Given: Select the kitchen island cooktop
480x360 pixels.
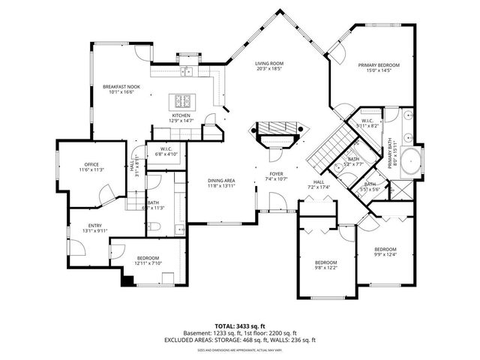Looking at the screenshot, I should pyautogui.click(x=182, y=101).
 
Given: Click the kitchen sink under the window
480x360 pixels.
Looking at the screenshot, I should pyautogui.click(x=185, y=71).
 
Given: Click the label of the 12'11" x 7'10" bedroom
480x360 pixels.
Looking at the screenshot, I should pyautogui.click(x=148, y=261).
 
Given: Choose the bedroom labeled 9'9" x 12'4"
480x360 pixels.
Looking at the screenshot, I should pyautogui.click(x=385, y=252).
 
